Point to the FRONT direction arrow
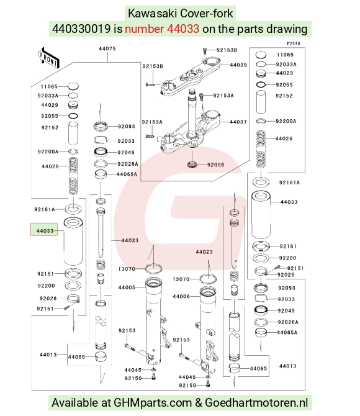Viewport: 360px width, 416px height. pos(48,58)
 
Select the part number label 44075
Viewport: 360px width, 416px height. pos(107,49)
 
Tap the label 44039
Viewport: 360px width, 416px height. pos(238,65)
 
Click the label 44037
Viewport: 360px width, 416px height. pos(238,122)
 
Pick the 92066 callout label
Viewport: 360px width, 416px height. pos(215,165)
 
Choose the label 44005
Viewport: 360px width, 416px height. pos(127,287)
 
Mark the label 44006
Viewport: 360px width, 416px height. pos(181,297)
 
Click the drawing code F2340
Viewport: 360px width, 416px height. pos(294,43)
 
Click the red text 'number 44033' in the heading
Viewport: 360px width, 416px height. pos(162,29)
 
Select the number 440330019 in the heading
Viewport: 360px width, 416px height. pos(81,29)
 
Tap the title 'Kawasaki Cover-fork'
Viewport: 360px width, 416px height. pos(181,13)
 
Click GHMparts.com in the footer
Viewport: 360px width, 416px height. pos(153,403)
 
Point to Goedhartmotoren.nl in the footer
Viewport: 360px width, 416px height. pos(256,403)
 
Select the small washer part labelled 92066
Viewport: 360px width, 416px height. pos(191,164)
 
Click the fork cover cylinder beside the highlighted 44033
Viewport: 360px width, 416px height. pos(73,241)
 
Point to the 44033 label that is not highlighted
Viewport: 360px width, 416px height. pos(289,202)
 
